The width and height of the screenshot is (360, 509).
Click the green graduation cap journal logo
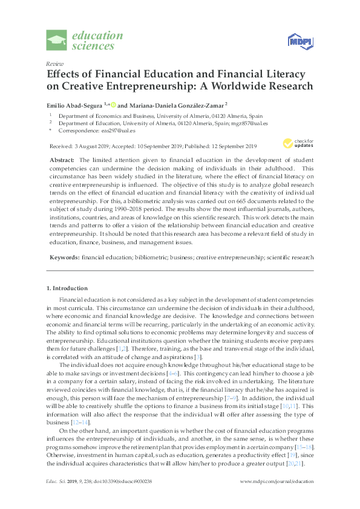click(57, 41)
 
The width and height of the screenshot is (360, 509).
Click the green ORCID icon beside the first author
click(113, 105)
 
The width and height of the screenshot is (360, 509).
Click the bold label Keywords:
click(64, 257)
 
